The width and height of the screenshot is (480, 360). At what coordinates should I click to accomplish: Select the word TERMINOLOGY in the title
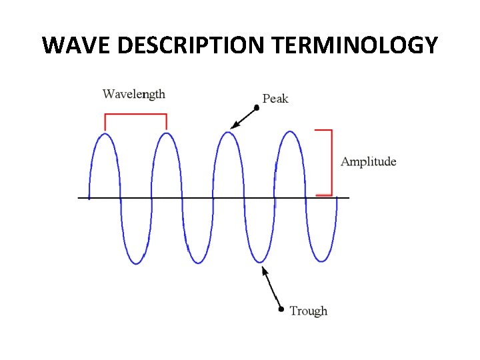(355, 45)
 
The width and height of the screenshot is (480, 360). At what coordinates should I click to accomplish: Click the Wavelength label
(133, 94)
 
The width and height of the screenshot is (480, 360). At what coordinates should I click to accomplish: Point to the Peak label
(275, 99)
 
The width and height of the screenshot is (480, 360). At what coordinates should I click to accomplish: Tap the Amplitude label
(368, 161)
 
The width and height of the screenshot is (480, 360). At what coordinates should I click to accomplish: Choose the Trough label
(309, 311)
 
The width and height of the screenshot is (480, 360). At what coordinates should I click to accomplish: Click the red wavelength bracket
(135, 115)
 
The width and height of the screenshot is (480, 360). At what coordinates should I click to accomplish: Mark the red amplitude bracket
(330, 162)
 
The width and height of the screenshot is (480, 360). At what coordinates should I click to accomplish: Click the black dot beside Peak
(257, 107)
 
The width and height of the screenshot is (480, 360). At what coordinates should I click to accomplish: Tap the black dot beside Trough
(281, 309)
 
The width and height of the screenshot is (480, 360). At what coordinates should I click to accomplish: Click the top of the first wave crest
(105, 134)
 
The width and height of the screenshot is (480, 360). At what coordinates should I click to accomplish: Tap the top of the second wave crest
(166, 133)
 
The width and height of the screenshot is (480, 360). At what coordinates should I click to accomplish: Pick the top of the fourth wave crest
(290, 132)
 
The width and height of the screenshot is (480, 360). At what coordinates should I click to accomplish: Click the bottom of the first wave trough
(136, 263)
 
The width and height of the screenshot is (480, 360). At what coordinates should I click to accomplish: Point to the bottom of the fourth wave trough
(322, 261)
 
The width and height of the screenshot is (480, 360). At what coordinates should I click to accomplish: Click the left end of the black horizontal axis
(79, 197)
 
